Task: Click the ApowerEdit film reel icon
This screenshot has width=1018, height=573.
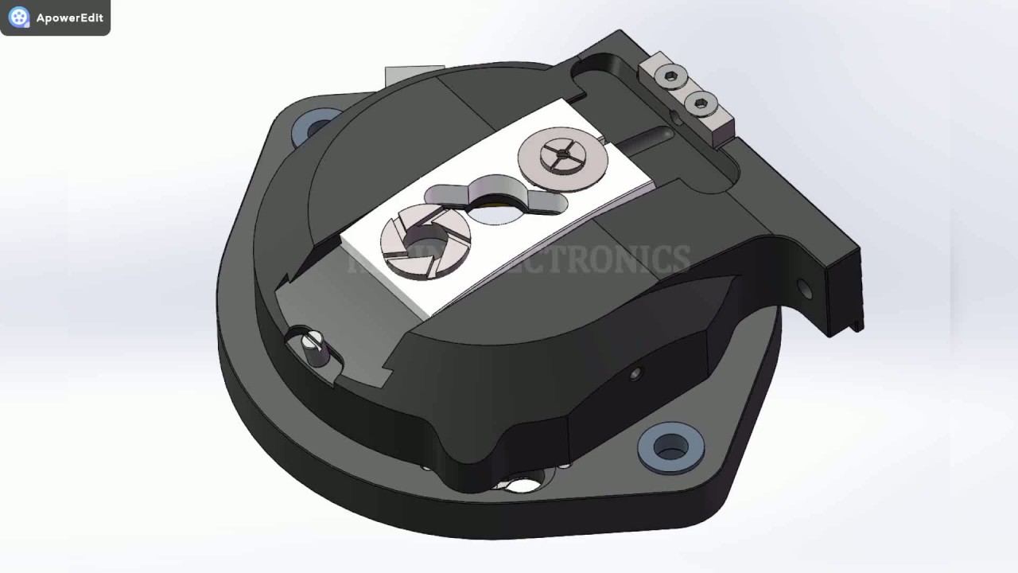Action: click(19, 18)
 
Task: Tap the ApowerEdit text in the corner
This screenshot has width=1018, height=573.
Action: click(69, 18)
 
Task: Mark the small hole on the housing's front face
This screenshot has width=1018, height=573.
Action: click(635, 372)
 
